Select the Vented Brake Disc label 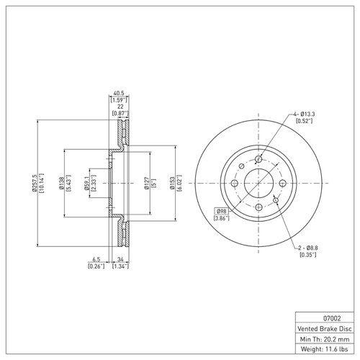click(325, 328)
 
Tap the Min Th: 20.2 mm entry click(325, 339)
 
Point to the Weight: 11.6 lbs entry click(324, 349)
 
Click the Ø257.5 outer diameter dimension click(34, 183)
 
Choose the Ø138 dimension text click(61, 183)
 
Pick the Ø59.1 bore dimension click(86, 183)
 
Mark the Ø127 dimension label click(147, 183)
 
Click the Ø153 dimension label click(172, 183)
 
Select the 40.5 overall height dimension click(119, 93)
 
